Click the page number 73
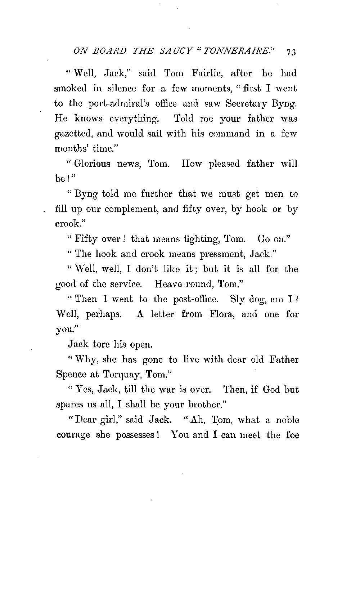[x=291, y=52]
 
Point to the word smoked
[x=71, y=88]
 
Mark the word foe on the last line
[x=292, y=435]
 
